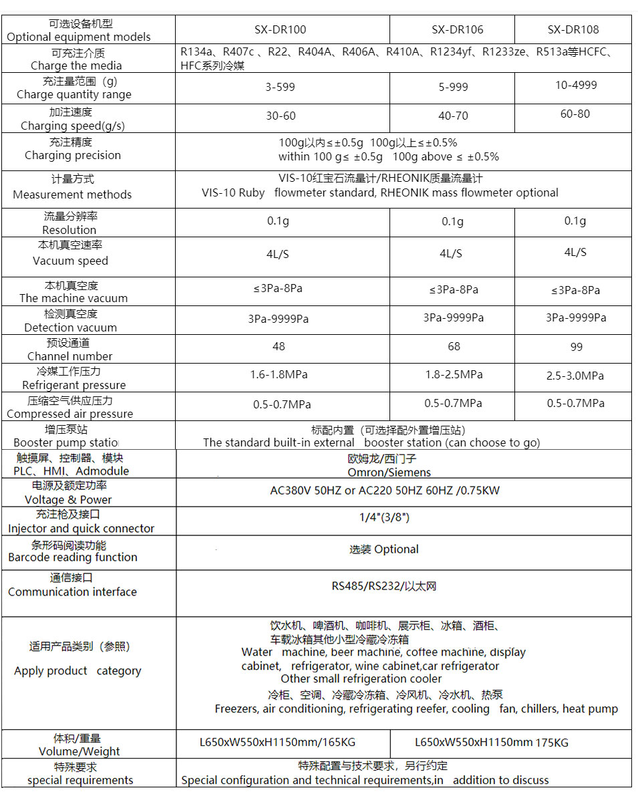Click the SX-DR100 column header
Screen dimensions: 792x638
coord(281,29)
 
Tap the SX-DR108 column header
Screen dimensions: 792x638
coord(573,29)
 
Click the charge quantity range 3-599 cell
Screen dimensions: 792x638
coord(280,88)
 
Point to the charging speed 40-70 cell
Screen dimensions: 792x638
coord(453,116)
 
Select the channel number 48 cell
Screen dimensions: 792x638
coord(279,346)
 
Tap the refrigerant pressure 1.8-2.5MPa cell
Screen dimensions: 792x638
coord(454,375)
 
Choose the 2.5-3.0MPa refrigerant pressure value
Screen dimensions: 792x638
coord(575,376)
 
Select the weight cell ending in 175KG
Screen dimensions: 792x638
coord(491,743)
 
